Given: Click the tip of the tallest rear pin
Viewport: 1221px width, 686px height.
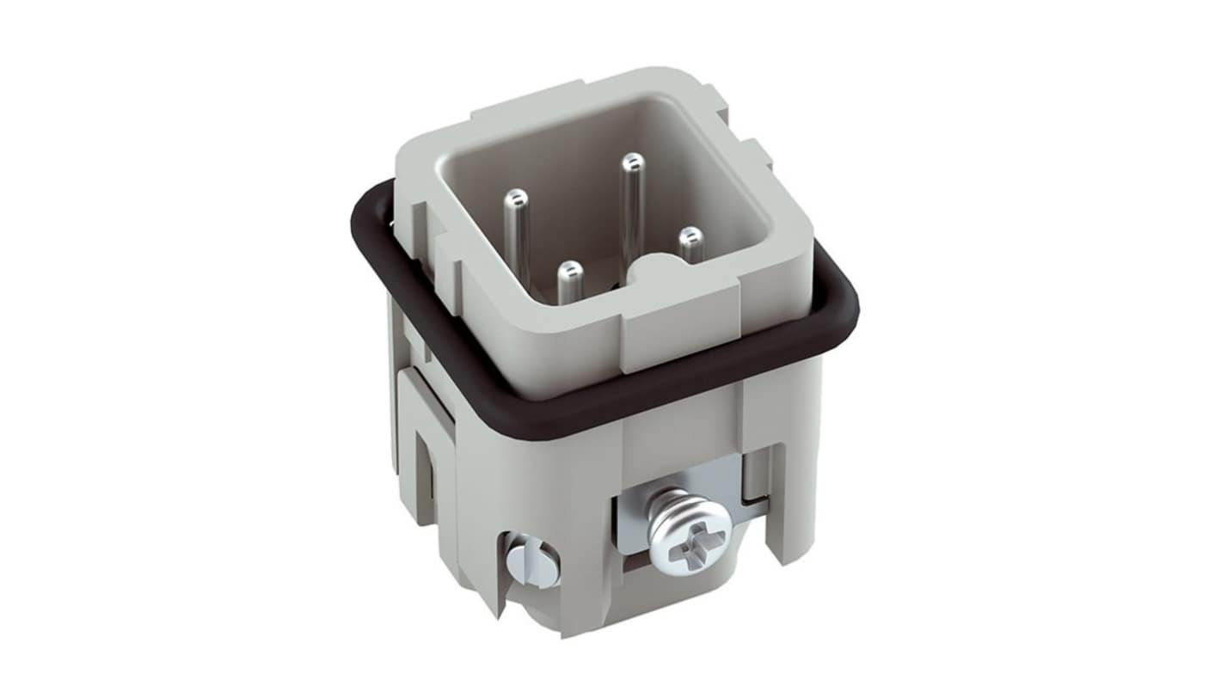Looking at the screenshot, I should click(633, 162).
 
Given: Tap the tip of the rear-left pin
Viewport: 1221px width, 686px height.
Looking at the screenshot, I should click(516, 199).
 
